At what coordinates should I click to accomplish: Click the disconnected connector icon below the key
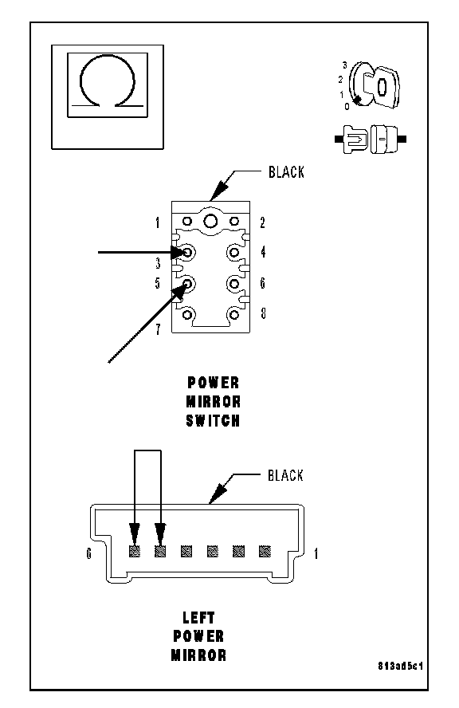point(371,139)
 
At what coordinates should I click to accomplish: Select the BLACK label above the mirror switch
point(286,172)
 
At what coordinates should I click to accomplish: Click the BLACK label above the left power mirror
point(285,475)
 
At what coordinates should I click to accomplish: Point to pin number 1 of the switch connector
point(158,222)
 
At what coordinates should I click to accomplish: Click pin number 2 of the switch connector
point(262,222)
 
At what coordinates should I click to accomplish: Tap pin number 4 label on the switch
point(263,251)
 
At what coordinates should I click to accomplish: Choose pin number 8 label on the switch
point(263,313)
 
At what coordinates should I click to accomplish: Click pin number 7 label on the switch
point(158,329)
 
